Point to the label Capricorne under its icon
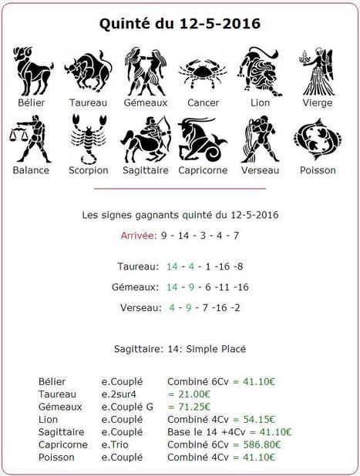point(202,170)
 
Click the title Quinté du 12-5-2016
point(180,24)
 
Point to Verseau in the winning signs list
point(139,308)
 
